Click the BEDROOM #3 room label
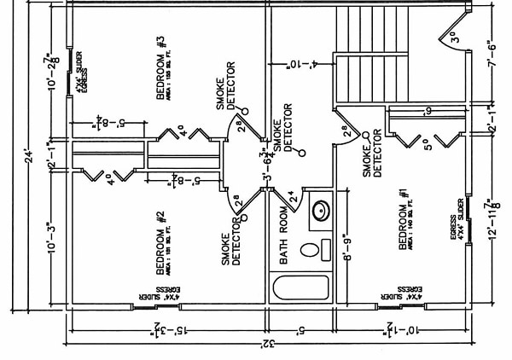click(162, 78)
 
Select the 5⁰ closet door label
click(424, 143)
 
